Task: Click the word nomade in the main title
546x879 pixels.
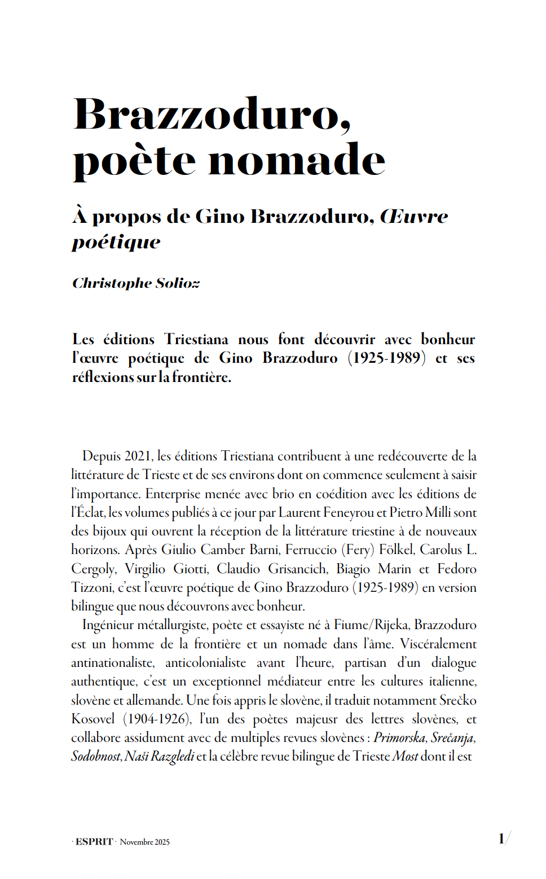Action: pos(297,160)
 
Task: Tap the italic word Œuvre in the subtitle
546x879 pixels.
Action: pos(415,217)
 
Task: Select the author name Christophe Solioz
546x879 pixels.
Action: pos(136,283)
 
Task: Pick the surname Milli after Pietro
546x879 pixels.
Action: pos(438,512)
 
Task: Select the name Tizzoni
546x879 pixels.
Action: pos(92,587)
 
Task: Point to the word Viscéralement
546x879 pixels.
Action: pos(438,644)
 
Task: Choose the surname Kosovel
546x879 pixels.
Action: pos(93,719)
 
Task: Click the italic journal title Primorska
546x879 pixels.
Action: pos(399,737)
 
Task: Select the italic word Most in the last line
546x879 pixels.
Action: pos(405,757)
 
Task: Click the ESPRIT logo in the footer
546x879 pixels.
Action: pos(94,842)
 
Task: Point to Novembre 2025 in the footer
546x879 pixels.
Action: pos(144,842)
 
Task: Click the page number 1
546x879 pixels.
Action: pos(501,839)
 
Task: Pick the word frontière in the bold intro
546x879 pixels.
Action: pos(201,377)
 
